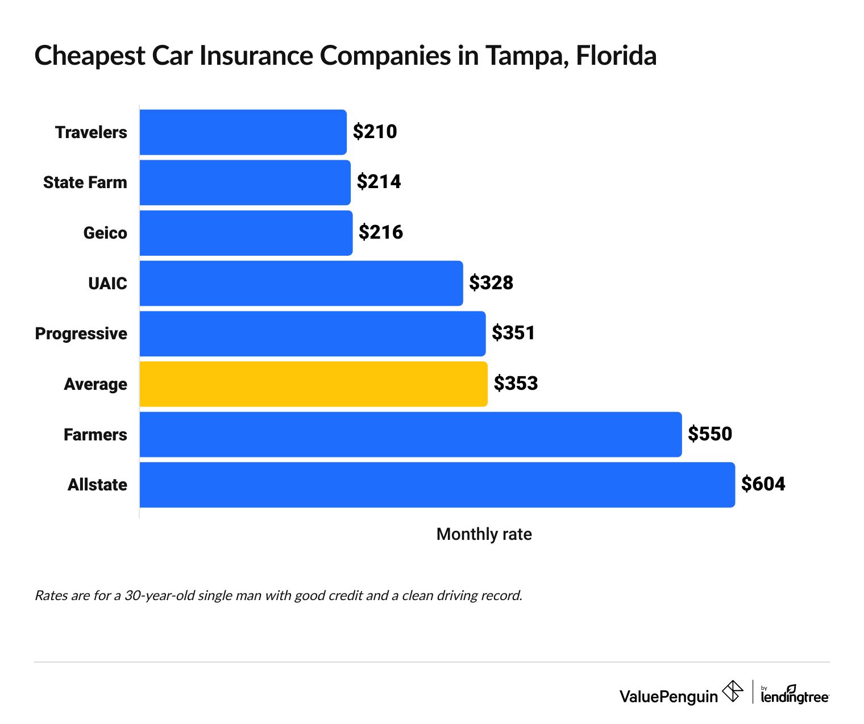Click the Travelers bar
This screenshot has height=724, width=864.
pyautogui.click(x=243, y=132)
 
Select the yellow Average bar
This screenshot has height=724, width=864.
pyautogui.click(x=313, y=384)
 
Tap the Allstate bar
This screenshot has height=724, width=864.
pyautogui.click(x=437, y=485)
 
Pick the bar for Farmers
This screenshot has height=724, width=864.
pyautogui.click(x=410, y=435)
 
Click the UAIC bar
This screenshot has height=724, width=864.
pyautogui.click(x=301, y=283)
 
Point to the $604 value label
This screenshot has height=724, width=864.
pyautogui.click(x=763, y=484)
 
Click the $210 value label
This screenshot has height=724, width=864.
pyautogui.click(x=375, y=132)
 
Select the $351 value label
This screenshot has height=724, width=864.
pyautogui.click(x=513, y=333)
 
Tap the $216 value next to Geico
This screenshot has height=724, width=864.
pyautogui.click(x=380, y=232)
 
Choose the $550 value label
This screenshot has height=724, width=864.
pyautogui.click(x=709, y=434)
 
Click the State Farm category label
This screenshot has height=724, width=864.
pyautogui.click(x=85, y=182)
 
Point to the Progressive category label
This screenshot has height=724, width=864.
pyautogui.click(x=81, y=334)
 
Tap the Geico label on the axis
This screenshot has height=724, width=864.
pyautogui.click(x=105, y=233)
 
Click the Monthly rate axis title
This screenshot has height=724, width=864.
pyautogui.click(x=484, y=534)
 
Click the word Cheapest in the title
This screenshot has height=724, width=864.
pyautogui.click(x=90, y=56)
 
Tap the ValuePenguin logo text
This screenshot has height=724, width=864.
pyautogui.click(x=668, y=696)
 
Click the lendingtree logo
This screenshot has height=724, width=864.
pyautogui.click(x=794, y=696)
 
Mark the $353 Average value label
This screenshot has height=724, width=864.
pyautogui.click(x=516, y=384)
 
